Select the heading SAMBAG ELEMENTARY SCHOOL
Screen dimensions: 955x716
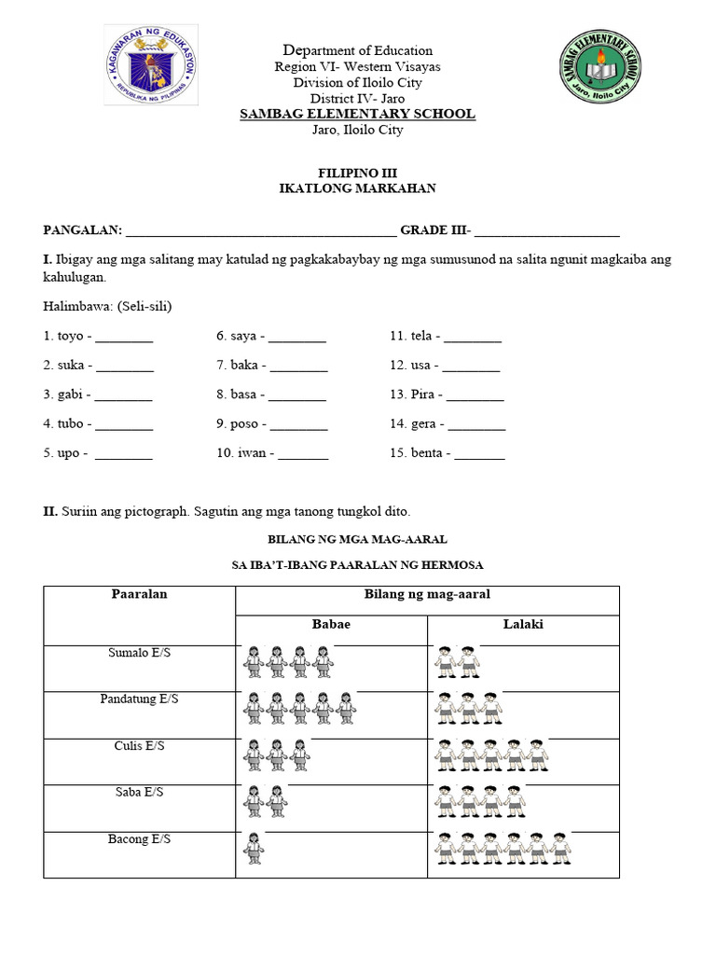coord(358,114)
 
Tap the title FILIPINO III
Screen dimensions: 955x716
coord(358,173)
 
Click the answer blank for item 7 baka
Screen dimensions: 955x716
coord(300,366)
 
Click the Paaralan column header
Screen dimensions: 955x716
coord(139,594)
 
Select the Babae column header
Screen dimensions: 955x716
coord(331,624)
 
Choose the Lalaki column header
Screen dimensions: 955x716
coord(523,624)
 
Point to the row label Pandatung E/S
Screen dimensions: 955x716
coord(139,698)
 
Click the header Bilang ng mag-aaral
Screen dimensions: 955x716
coord(427,594)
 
